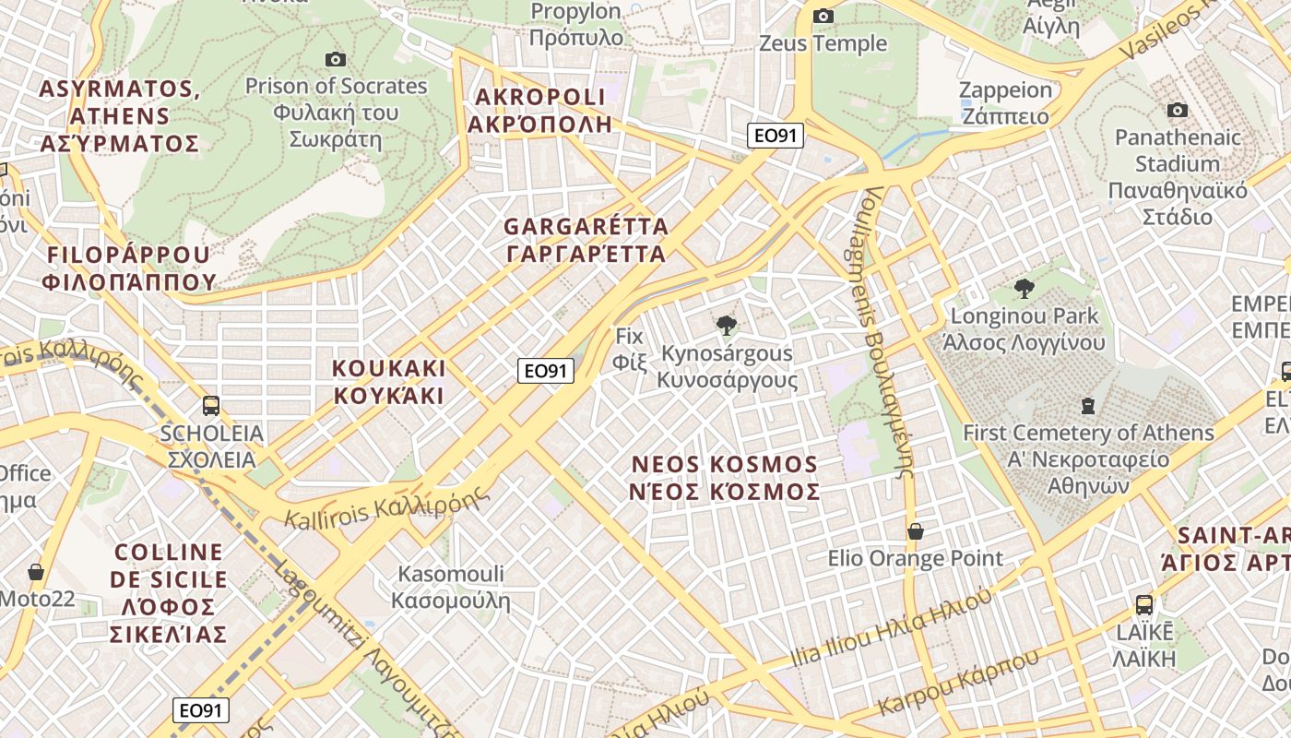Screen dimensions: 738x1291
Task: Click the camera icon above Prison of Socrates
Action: tap(336, 60)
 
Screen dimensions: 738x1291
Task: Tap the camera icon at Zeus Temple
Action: tap(823, 16)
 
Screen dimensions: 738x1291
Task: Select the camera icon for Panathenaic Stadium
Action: tap(1177, 111)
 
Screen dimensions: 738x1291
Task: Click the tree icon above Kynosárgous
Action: tap(727, 325)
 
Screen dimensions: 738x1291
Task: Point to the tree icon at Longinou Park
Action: tap(1024, 289)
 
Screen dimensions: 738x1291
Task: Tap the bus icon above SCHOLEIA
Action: tap(211, 405)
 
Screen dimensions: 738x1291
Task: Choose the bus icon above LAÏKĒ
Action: tap(1143, 605)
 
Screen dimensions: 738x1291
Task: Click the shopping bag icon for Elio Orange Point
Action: tap(916, 531)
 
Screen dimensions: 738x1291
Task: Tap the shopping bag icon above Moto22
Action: tap(36, 572)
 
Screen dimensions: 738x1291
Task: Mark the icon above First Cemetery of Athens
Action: tap(1088, 405)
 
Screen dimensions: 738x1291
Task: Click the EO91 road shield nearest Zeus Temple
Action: tap(776, 137)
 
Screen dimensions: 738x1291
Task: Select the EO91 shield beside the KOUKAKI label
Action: tap(546, 371)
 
